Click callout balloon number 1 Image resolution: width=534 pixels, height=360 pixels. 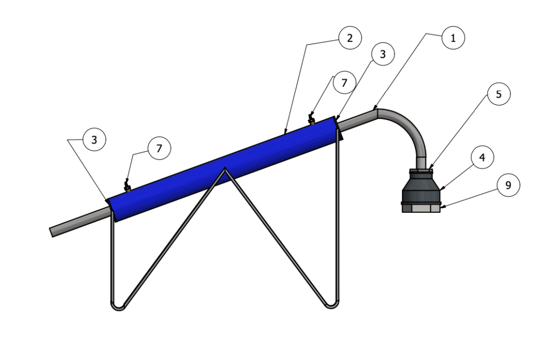pyautogui.click(x=453, y=38)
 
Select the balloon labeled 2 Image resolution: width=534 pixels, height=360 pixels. pyautogui.click(x=349, y=38)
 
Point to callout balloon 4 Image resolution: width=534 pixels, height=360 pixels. pyautogui.click(x=482, y=158)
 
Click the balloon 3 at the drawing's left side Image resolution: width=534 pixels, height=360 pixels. pyautogui.click(x=94, y=140)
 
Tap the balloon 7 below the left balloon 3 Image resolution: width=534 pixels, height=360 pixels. pyautogui.click(x=159, y=149)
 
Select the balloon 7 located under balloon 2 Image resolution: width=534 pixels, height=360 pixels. pyautogui.click(x=344, y=83)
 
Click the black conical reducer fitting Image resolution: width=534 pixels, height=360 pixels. pyautogui.click(x=421, y=188)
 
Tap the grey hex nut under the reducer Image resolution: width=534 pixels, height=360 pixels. pyautogui.click(x=421, y=208)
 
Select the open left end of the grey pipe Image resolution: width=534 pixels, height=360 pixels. pyautogui.click(x=53, y=231)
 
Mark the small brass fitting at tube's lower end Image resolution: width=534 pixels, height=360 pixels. pyautogui.click(x=126, y=184)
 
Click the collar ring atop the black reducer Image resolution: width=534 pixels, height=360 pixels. pyautogui.click(x=421, y=171)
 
